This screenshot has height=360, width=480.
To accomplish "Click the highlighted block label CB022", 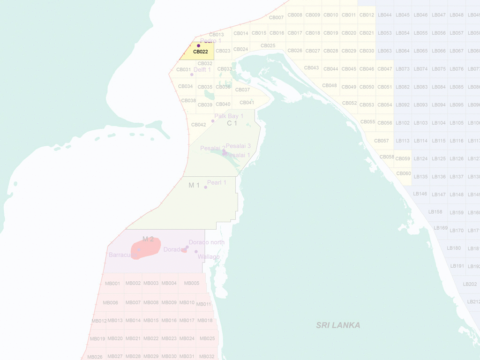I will tap(200, 52).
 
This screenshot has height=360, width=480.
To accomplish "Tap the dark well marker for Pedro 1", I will tap(198, 46).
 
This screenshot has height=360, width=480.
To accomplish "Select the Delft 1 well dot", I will tap(192, 75).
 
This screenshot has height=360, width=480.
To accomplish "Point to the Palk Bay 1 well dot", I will tap(212, 121).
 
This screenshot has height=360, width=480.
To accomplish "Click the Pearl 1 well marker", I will tap(205, 187).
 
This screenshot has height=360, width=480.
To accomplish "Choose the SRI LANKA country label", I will tap(338, 325).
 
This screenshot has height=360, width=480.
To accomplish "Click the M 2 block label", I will tap(148, 239).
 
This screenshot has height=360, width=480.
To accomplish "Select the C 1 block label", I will tap(232, 123).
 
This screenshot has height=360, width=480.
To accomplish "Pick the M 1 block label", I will tap(194, 185).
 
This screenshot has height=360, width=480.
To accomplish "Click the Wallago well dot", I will tap(196, 252).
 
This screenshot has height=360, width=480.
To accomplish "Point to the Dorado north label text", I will tap(207, 242).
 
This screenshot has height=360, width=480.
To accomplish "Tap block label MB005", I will tap(192, 283).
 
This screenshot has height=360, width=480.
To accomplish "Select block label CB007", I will tap(276, 18).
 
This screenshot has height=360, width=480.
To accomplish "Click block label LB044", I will tap(384, 15).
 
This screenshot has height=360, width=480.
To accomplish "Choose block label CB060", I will tap(404, 173).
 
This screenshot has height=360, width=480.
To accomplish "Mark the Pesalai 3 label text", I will tap(238, 146).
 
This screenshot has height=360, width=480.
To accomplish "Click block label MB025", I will tap(207, 338).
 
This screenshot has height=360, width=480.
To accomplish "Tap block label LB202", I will tap(470, 284).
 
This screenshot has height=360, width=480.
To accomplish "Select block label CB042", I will tap(198, 125).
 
